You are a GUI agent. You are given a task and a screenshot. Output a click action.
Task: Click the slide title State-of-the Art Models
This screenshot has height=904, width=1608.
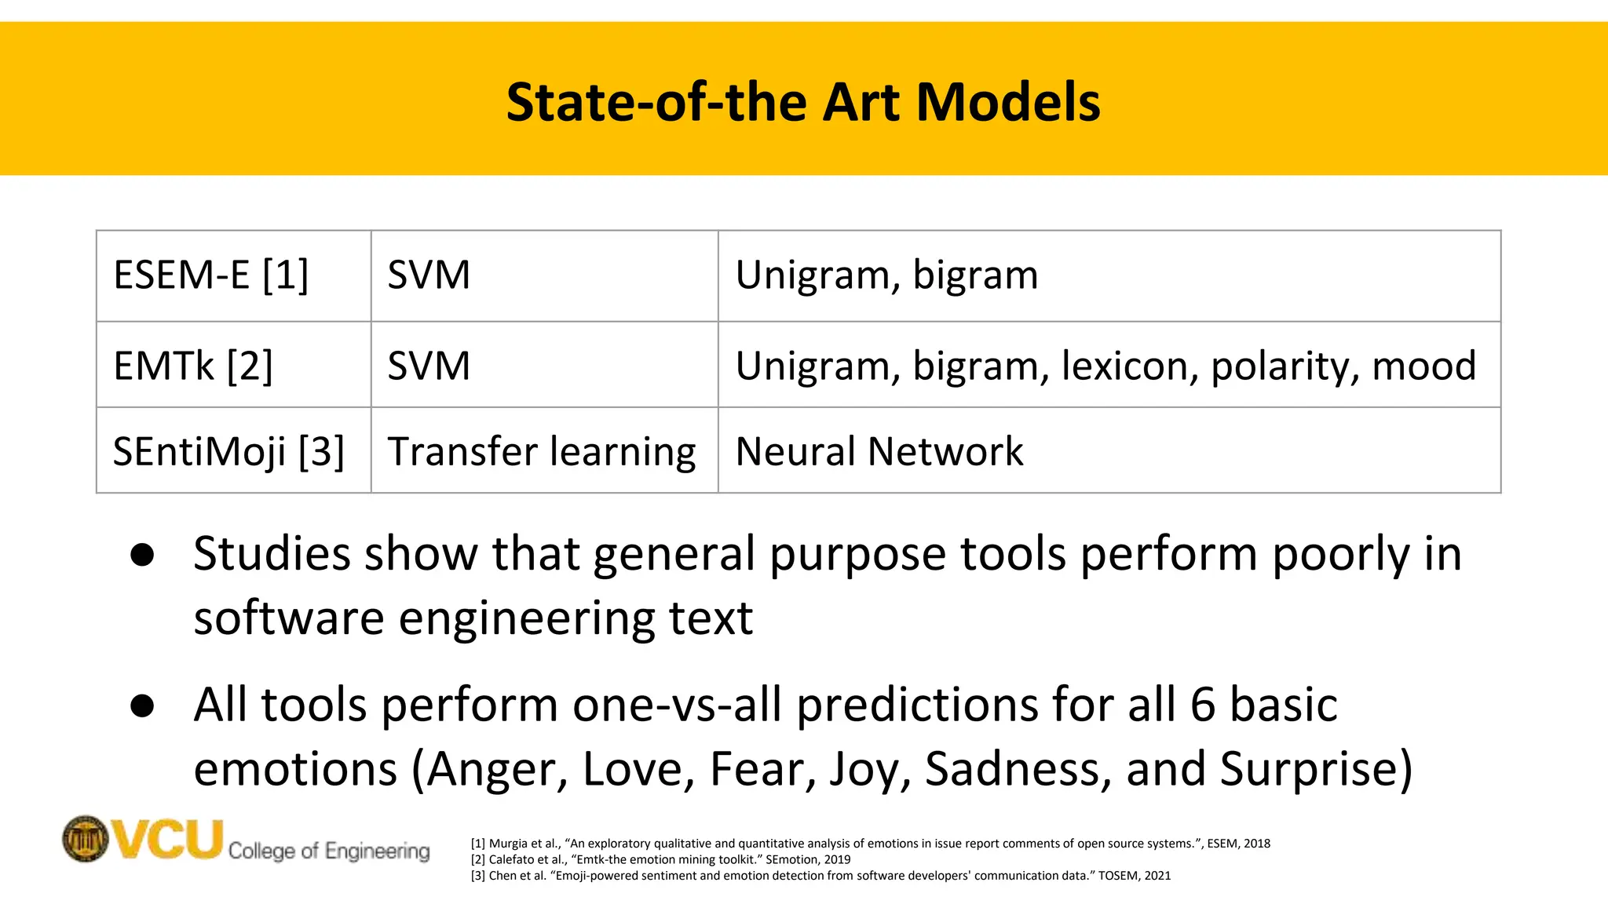click(x=803, y=102)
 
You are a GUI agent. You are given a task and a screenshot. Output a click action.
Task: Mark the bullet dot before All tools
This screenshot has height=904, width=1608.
click(x=143, y=705)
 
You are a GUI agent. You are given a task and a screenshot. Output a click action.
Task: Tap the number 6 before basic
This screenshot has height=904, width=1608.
click(x=1202, y=704)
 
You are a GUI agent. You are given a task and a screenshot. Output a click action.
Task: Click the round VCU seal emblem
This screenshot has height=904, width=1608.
click(x=85, y=839)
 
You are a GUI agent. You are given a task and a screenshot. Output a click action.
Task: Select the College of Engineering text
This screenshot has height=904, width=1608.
click(x=329, y=851)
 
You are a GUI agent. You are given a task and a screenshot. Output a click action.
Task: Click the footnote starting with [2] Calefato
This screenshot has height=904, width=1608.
click(x=660, y=859)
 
